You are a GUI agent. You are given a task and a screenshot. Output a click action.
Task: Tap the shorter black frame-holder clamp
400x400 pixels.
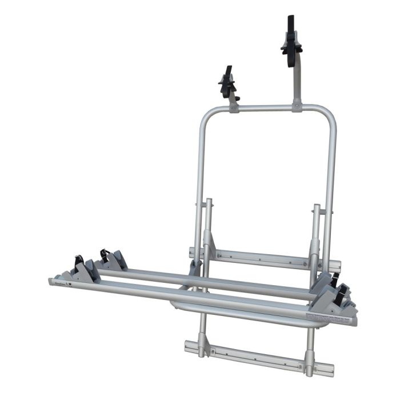227,84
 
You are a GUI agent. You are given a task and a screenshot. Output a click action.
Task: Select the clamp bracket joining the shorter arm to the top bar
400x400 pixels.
234,107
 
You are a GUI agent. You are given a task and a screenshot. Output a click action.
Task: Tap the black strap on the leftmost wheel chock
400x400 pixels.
79,261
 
